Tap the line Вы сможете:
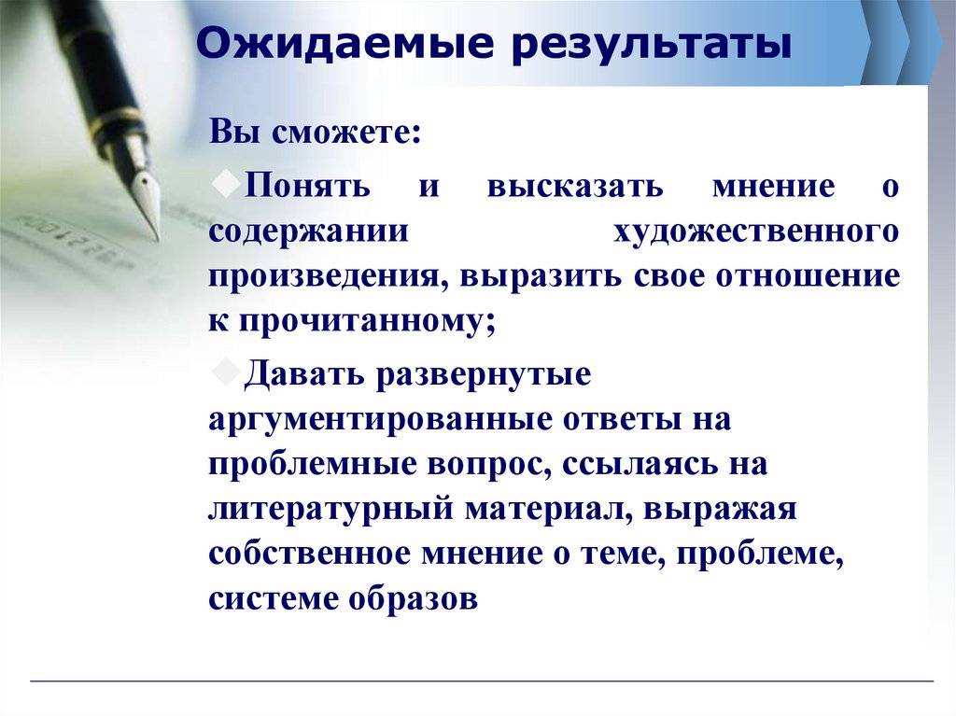(315, 134)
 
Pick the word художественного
(756, 232)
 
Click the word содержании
(309, 232)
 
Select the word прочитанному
(368, 322)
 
